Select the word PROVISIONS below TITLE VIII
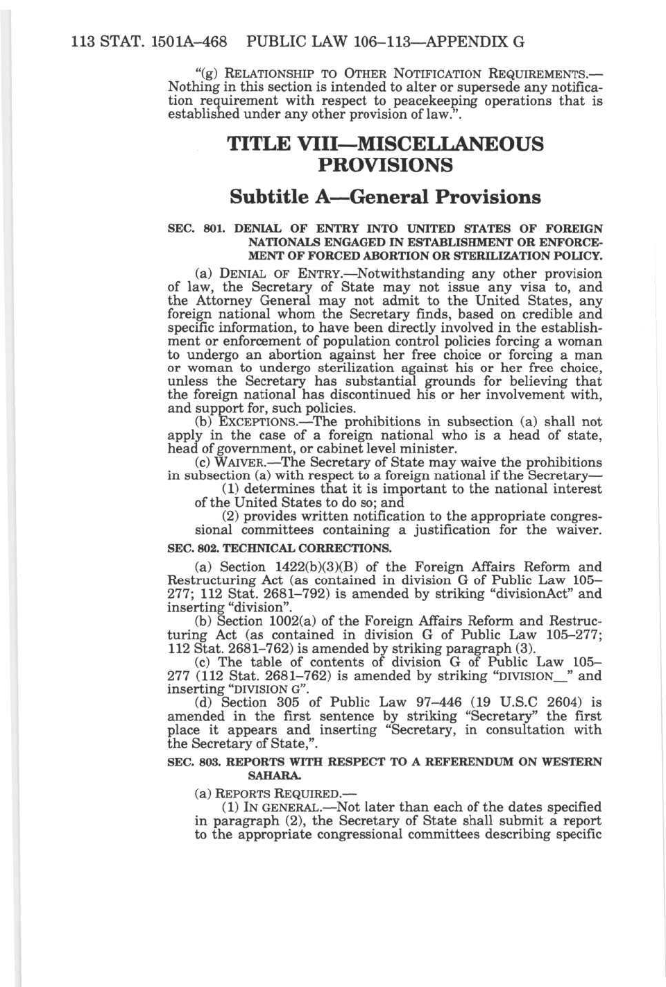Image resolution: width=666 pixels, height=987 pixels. [386, 165]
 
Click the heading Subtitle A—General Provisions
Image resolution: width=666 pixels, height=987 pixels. [385, 197]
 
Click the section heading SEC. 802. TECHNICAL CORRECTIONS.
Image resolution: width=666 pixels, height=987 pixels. [280, 548]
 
